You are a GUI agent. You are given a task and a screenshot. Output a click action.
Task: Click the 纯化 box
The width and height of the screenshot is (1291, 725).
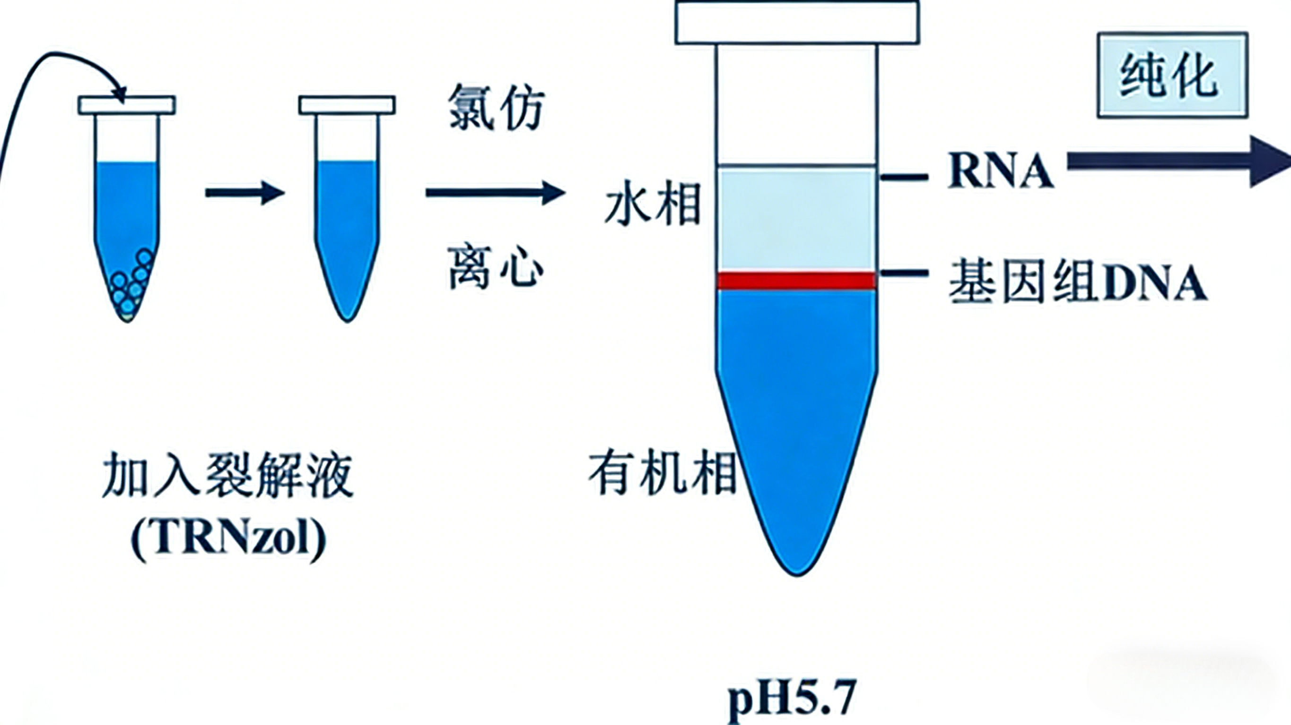click(1172, 75)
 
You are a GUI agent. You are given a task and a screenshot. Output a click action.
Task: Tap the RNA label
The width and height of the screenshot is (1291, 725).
click(999, 172)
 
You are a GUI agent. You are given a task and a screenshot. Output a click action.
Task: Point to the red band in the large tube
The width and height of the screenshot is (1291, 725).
click(796, 281)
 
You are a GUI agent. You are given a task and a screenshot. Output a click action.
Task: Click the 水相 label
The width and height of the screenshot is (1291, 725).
click(653, 206)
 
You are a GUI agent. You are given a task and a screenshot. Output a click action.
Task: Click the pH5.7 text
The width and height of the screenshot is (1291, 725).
click(792, 696)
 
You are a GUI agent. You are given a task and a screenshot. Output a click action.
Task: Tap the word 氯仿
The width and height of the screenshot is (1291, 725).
click(495, 107)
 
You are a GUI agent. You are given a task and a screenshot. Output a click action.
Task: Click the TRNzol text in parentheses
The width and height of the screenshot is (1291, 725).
click(228, 539)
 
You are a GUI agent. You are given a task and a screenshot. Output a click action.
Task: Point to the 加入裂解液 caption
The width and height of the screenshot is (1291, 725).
click(228, 475)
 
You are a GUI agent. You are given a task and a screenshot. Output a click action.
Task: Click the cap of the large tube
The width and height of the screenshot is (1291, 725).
click(797, 23)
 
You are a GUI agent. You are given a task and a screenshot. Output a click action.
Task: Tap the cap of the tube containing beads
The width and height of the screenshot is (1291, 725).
click(127, 105)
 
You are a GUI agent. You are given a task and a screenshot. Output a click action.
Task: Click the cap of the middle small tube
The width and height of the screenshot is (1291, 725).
click(347, 105)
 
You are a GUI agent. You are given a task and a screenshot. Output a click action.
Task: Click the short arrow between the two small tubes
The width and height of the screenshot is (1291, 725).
click(244, 193)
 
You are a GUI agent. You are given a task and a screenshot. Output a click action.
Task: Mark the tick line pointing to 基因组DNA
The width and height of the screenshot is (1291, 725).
click(905, 273)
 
